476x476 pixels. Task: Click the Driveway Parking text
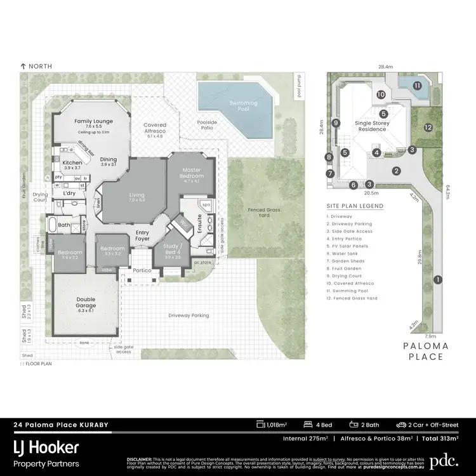click(x=188, y=315)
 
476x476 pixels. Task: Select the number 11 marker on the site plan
click(x=417, y=86)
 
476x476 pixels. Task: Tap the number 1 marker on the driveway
click(x=437, y=280)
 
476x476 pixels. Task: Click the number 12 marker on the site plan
click(x=428, y=128)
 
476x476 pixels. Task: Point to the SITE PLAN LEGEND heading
click(x=355, y=206)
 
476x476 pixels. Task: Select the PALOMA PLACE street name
click(x=426, y=352)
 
